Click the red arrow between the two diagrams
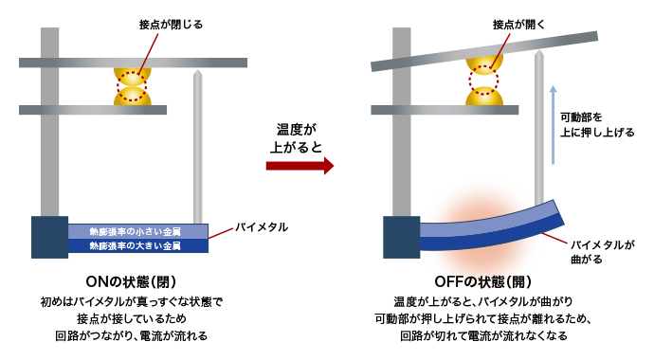pyautogui.click(x=299, y=166)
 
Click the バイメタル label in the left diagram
pyautogui.click(x=262, y=228)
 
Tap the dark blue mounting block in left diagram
pyautogui.click(x=49, y=237)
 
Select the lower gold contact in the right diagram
pyautogui.click(x=484, y=97)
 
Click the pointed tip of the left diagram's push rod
pyautogui.click(x=198, y=71)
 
